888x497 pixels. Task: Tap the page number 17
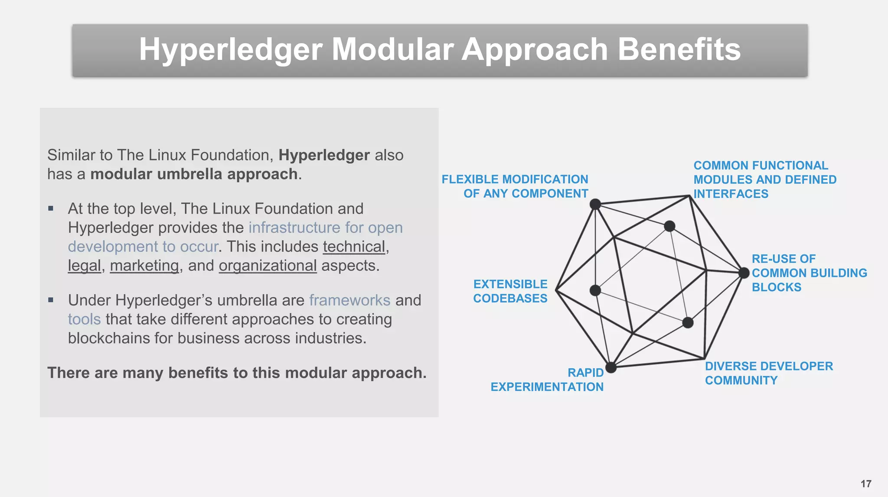(866, 484)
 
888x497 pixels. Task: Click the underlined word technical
(354, 247)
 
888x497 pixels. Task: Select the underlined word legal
(85, 266)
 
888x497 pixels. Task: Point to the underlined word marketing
(144, 266)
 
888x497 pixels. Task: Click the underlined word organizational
(268, 266)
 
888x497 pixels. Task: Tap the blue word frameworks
(349, 300)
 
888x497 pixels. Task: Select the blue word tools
(84, 319)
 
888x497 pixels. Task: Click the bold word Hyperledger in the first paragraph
(324, 155)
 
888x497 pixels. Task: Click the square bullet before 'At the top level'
(51, 208)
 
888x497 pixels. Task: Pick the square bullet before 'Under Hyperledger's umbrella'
(51, 300)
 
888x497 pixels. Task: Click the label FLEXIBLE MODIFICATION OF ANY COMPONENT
(515, 186)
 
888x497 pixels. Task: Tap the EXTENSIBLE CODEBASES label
(510, 291)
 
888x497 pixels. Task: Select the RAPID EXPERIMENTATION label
(547, 380)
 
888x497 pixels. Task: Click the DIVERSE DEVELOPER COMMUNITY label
(768, 373)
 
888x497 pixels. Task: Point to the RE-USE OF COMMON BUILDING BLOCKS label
(809, 273)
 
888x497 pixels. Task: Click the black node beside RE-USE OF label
(744, 273)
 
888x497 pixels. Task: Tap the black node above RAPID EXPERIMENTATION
(611, 367)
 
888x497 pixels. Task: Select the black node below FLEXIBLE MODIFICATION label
(595, 204)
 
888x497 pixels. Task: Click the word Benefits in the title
(679, 49)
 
